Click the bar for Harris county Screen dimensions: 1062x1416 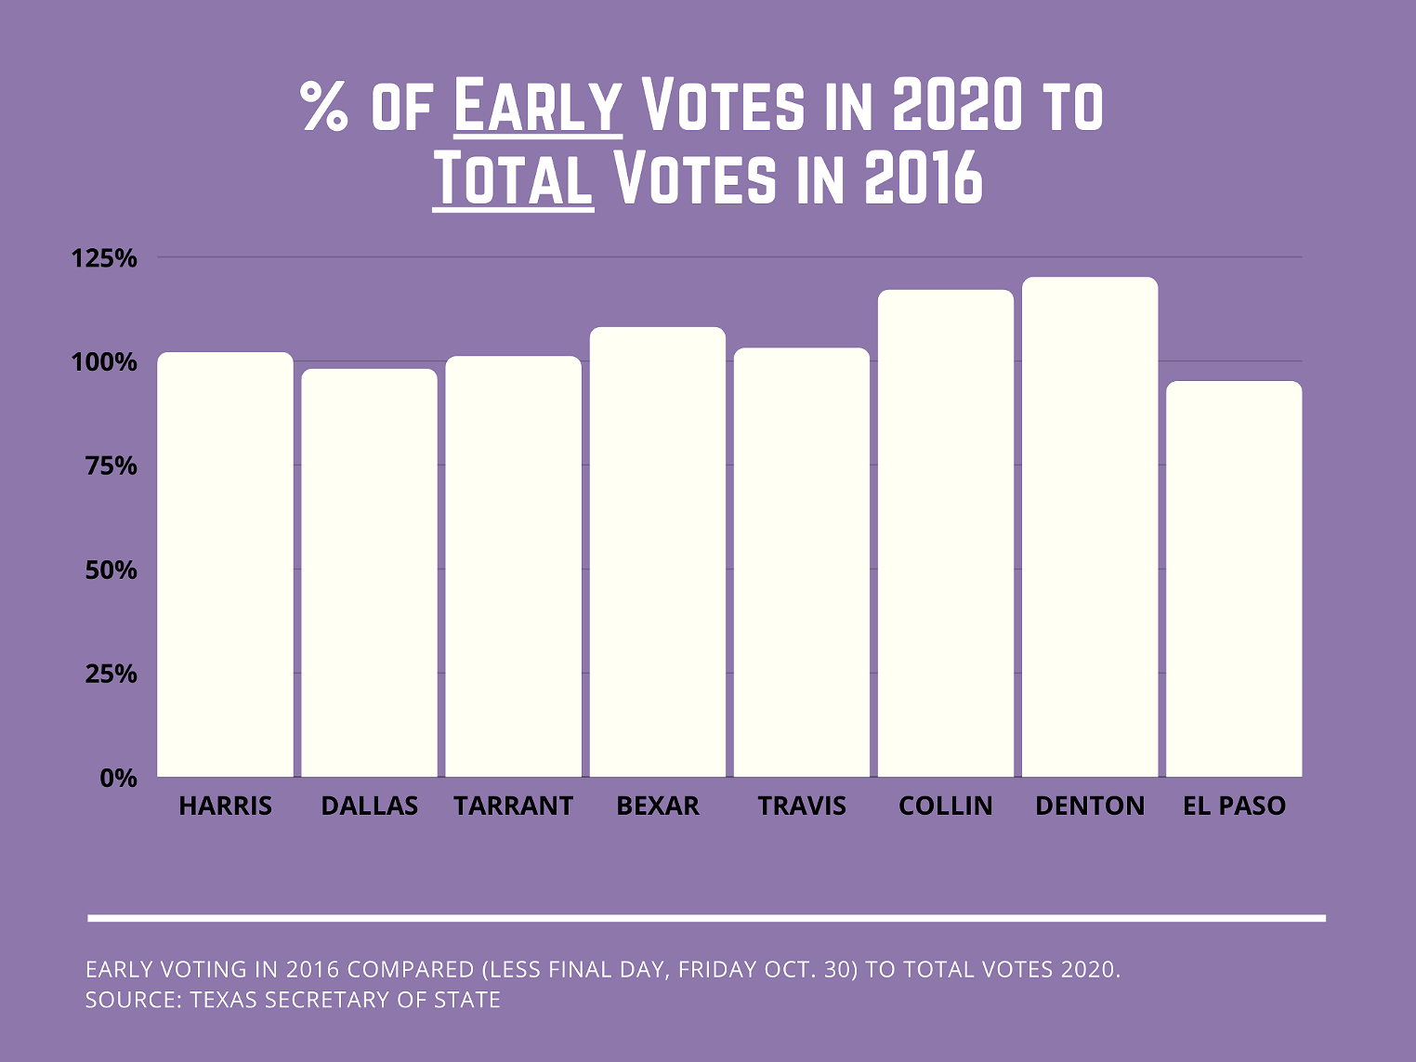click(225, 565)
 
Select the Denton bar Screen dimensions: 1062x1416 click(1090, 527)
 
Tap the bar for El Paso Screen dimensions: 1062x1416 click(1234, 579)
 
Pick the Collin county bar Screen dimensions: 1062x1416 click(946, 533)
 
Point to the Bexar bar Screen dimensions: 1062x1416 click(658, 552)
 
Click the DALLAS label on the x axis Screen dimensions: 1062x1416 click(369, 806)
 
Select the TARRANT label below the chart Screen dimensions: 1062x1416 click(513, 806)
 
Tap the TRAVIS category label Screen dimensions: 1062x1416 click(802, 806)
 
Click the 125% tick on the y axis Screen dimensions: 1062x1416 click(104, 258)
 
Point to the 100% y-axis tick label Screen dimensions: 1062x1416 click(104, 362)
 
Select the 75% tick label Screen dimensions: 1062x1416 click(111, 466)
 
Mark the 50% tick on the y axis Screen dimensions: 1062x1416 click(111, 570)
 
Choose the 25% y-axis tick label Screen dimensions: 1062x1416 click(111, 675)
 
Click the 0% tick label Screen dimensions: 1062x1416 click(118, 779)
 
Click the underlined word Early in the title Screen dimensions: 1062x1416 click(537, 106)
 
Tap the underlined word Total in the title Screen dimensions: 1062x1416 click(513, 178)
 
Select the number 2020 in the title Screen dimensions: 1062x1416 click(957, 106)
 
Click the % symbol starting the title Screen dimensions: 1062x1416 click(324, 106)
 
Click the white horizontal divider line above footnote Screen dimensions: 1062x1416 click(706, 918)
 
